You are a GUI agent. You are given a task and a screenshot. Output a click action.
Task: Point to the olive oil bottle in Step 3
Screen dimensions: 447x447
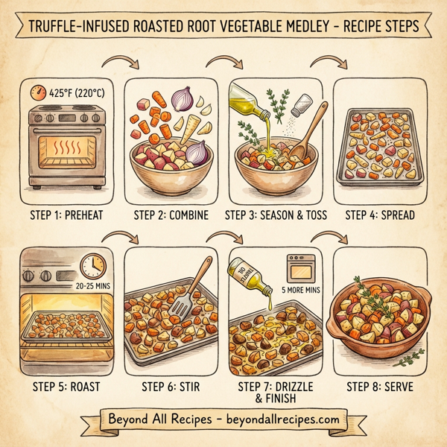[247, 104]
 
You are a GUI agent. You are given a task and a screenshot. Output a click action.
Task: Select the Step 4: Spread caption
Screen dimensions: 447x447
[380, 215]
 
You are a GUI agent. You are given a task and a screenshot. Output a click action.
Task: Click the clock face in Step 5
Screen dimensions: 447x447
[93, 266]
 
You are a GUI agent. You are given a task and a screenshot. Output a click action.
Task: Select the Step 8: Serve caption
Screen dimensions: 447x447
[380, 387]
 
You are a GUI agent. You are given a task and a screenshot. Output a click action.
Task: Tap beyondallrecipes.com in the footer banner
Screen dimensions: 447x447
[280, 419]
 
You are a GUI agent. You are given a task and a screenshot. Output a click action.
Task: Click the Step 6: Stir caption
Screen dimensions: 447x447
[171, 387]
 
